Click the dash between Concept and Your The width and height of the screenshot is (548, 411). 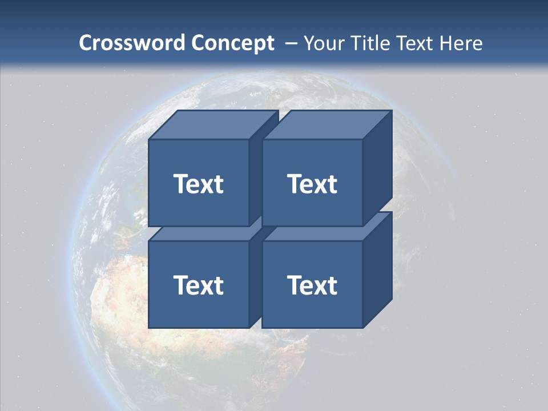coord(290,44)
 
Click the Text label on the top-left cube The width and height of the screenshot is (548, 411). coord(198,184)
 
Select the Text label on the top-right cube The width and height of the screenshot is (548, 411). coord(312,184)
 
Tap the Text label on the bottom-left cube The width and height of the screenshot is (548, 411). coord(198,285)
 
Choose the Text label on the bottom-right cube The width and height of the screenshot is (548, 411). coord(312,285)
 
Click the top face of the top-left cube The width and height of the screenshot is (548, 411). coord(213,125)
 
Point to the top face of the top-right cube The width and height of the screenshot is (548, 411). coord(327,125)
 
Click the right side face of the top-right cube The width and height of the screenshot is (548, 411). coord(377,168)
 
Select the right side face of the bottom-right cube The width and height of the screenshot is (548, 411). coord(377,269)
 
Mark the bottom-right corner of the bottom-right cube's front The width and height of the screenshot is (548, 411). coord(362,328)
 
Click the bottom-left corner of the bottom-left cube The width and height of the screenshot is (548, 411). coord(149,328)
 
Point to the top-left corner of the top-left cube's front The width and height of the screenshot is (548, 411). coord(149,139)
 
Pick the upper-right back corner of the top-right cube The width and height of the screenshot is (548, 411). coord(392,111)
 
